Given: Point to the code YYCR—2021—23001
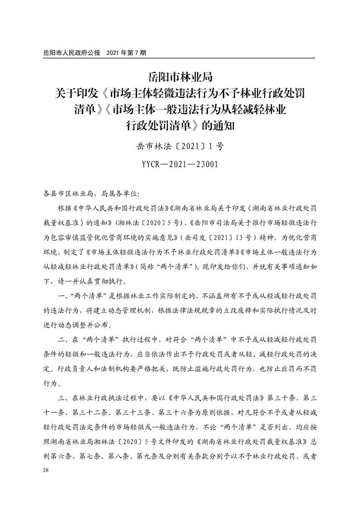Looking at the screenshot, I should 180,164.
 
